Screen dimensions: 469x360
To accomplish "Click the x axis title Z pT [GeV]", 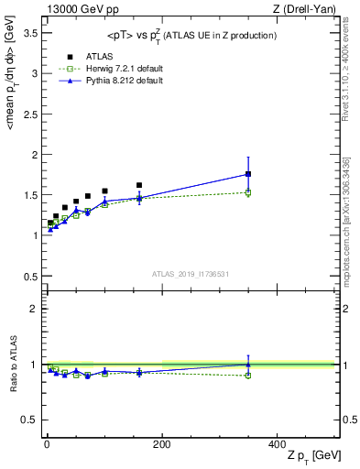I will coord(312,456).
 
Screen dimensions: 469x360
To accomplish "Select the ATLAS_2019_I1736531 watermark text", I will coord(191,274).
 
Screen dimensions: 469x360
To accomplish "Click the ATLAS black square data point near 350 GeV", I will coord(248,174).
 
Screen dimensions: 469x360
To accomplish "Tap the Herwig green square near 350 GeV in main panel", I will coord(248,192).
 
